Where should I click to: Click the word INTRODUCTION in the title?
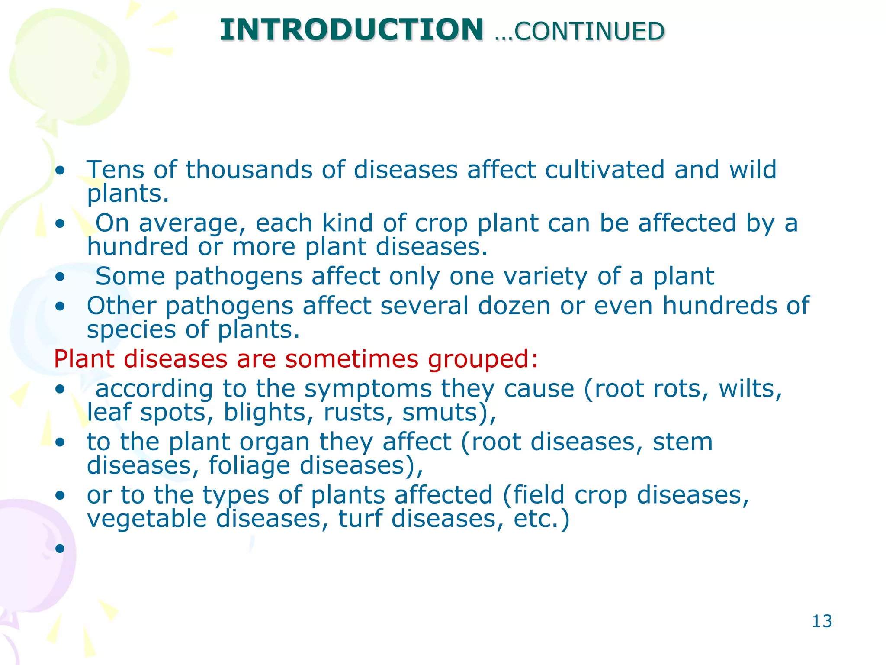[351, 30]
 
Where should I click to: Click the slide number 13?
[822, 621]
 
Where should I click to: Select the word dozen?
[514, 306]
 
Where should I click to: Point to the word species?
[131, 330]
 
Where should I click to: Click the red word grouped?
[483, 359]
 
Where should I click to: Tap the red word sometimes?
[352, 359]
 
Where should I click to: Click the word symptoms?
[368, 388]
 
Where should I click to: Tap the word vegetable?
[147, 519]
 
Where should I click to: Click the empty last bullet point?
[60, 548]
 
